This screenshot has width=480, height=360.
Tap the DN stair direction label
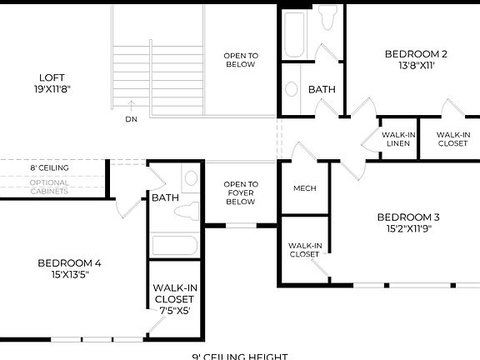coord(131,119)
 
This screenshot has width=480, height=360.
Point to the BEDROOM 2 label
coord(416,55)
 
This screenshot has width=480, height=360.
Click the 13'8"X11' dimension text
coord(416,67)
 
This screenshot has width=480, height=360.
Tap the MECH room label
coord(305,188)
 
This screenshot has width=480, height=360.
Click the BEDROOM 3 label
coord(412,217)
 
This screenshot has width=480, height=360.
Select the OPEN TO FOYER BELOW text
coord(241,192)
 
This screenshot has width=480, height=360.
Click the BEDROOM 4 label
coord(75,263)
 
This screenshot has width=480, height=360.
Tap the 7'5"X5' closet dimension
coord(175,311)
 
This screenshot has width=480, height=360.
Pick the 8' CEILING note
coord(49,167)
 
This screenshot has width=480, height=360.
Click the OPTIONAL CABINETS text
coord(49,187)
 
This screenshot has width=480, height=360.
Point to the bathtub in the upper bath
coord(295,32)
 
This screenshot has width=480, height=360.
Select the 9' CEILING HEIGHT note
coord(239,357)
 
